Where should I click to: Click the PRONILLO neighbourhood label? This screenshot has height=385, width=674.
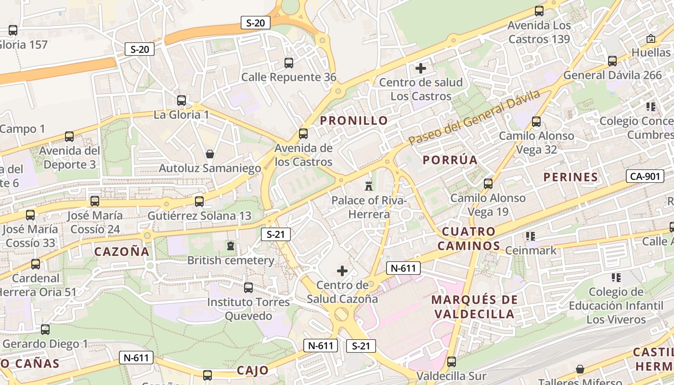pyautogui.click(x=354, y=120)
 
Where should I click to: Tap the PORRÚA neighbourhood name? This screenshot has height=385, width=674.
pyautogui.click(x=450, y=160)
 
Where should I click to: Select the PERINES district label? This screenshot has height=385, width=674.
pyautogui.click(x=570, y=177)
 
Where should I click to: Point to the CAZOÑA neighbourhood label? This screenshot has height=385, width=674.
pyautogui.click(x=122, y=251)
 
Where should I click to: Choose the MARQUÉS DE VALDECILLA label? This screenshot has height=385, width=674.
pyautogui.click(x=474, y=307)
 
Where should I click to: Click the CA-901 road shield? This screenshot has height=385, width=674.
pyautogui.click(x=645, y=176)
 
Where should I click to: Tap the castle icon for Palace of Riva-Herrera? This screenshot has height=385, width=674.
pyautogui.click(x=369, y=186)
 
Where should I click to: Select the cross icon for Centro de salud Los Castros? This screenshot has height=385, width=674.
pyautogui.click(x=421, y=68)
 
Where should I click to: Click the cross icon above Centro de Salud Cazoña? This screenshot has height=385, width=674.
pyautogui.click(x=342, y=271)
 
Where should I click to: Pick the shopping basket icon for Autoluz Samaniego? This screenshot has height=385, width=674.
pyautogui.click(x=210, y=154)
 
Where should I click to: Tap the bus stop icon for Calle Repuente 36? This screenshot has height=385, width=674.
pyautogui.click(x=289, y=63)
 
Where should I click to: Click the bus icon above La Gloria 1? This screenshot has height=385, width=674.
pyautogui.click(x=181, y=101)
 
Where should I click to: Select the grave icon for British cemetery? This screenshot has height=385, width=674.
pyautogui.click(x=231, y=246)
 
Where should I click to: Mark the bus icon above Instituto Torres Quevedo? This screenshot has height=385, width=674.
pyautogui.click(x=248, y=288)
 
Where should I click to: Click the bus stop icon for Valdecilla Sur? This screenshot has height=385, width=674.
pyautogui.click(x=452, y=361)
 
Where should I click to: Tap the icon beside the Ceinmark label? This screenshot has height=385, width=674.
pyautogui.click(x=531, y=236)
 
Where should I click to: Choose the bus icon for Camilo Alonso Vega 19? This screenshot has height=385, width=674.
pyautogui.click(x=488, y=184)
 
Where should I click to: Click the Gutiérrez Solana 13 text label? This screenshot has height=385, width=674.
pyautogui.click(x=199, y=216)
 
